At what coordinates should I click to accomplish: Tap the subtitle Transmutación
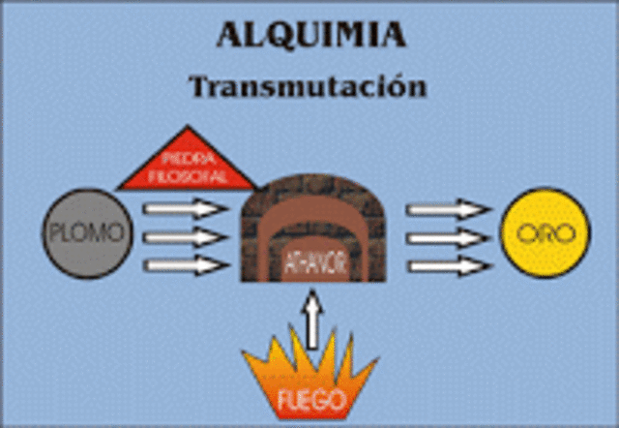point(309,85)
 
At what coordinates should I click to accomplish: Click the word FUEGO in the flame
point(311,399)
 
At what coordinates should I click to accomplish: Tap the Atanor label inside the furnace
point(311,260)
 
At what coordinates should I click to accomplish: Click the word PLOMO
point(85,233)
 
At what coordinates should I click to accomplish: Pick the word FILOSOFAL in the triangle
point(188,176)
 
